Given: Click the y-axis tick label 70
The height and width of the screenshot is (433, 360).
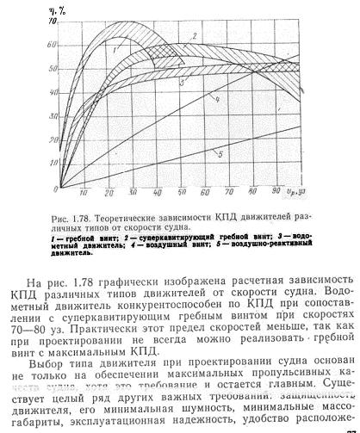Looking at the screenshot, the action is tap(54, 20).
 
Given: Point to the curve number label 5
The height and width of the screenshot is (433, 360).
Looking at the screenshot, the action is tap(220, 154).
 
